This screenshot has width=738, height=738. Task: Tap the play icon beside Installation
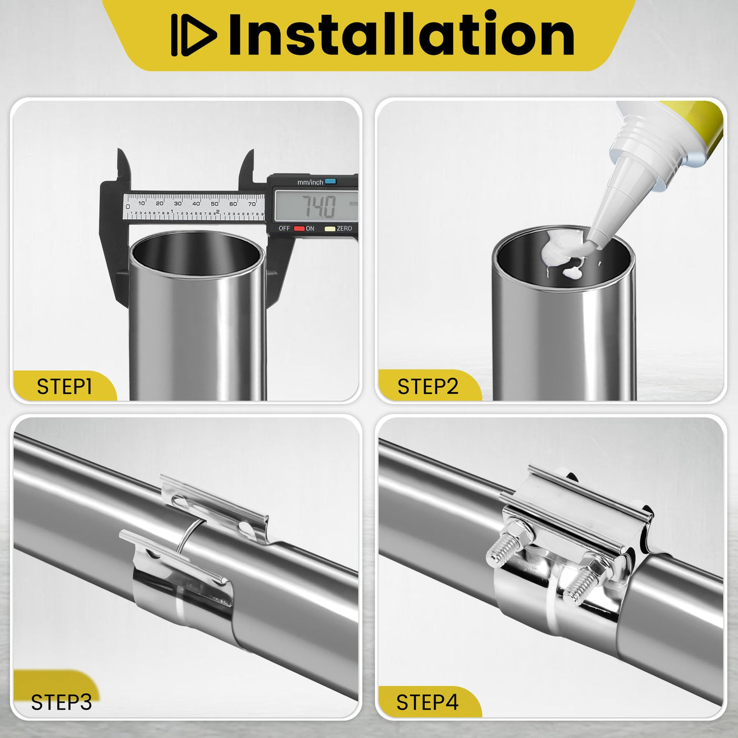tap(193, 35)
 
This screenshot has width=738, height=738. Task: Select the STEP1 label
tap(64, 387)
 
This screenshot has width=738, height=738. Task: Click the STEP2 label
tap(428, 386)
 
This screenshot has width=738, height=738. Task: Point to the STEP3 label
tap(61, 702)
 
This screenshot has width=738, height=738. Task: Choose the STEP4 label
tap(428, 702)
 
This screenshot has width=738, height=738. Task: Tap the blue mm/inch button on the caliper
tap(330, 181)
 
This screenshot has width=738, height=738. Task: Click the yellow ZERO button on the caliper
tap(330, 229)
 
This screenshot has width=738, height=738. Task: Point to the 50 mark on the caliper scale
tap(215, 203)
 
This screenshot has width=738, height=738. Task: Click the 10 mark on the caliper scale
tap(141, 203)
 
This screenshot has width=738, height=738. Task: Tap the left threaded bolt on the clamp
tap(503, 546)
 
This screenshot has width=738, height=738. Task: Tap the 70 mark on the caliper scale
tap(251, 204)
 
